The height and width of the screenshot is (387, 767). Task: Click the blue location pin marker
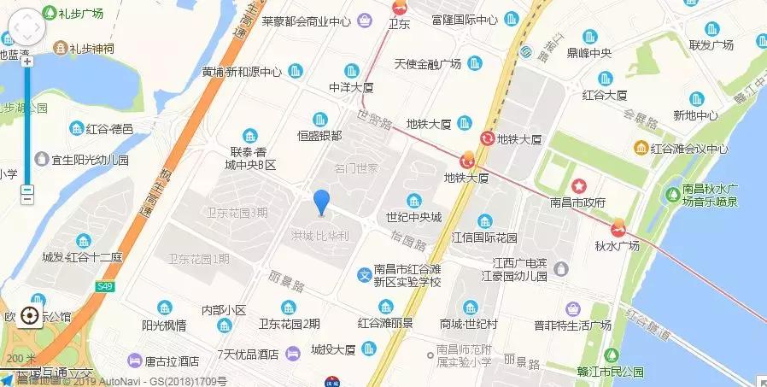(x=321, y=202)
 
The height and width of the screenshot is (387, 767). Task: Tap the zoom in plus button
(x=27, y=62)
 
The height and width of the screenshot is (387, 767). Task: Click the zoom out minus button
(x=27, y=191)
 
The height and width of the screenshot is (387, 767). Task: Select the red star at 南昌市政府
(x=578, y=185)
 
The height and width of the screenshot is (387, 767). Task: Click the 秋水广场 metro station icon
(x=618, y=228)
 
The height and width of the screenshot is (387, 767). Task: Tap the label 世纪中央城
(x=413, y=217)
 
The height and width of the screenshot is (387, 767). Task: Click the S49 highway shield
(x=105, y=286)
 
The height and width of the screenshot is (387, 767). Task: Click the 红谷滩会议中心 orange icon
(x=640, y=148)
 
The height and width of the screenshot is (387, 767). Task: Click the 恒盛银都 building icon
(x=320, y=119)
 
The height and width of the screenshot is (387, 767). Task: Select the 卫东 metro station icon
(x=398, y=8)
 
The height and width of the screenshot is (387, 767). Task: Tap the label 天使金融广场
(x=428, y=64)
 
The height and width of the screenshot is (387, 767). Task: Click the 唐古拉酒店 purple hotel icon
(x=134, y=361)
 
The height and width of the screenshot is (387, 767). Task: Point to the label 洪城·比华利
(x=321, y=233)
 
